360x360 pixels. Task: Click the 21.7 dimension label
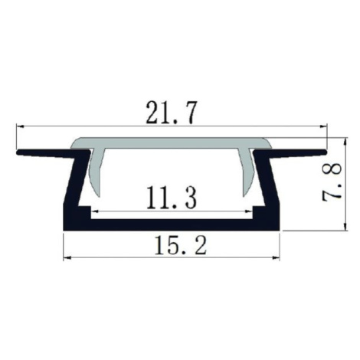172,113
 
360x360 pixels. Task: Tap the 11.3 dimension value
172,198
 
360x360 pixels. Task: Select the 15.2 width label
180,245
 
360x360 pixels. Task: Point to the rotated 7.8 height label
332,182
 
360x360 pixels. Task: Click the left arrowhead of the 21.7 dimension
20,126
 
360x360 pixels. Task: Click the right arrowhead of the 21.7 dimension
323,126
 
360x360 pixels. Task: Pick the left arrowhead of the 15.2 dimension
67,258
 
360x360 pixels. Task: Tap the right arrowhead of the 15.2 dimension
276,258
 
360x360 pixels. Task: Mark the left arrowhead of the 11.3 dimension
95,211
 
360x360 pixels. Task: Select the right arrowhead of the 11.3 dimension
248,211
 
